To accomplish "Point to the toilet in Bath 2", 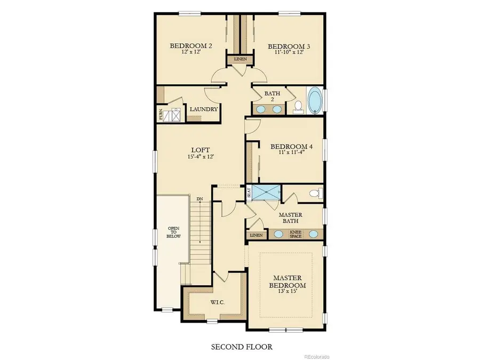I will point(298,106).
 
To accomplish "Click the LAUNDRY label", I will point(204,109).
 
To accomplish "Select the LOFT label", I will point(199,150).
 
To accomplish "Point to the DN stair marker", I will point(199,199).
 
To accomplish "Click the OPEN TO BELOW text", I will point(172,229).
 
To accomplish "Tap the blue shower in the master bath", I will point(266,193).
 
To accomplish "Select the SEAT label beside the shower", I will point(249,193).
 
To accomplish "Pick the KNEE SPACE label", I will point(295,234).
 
